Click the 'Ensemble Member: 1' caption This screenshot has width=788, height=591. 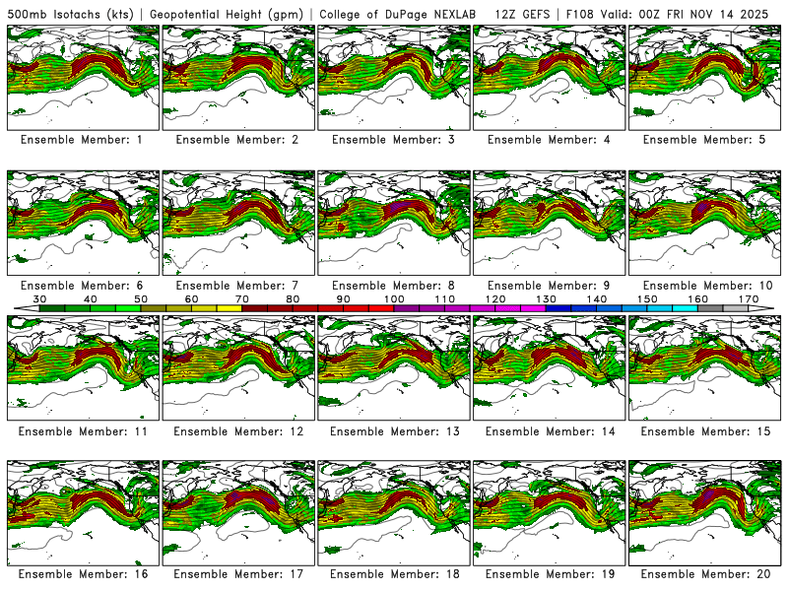[82, 140]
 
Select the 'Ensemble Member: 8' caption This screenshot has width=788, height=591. [393, 286]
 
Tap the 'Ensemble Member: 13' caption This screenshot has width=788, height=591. [393, 431]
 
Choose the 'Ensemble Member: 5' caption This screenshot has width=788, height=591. [704, 140]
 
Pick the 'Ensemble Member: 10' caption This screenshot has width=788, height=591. [704, 286]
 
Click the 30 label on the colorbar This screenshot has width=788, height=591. [40, 297]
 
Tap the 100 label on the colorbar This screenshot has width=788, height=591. [394, 297]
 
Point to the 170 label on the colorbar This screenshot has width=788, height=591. [748, 297]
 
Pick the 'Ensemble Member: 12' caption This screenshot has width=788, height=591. [237, 431]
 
